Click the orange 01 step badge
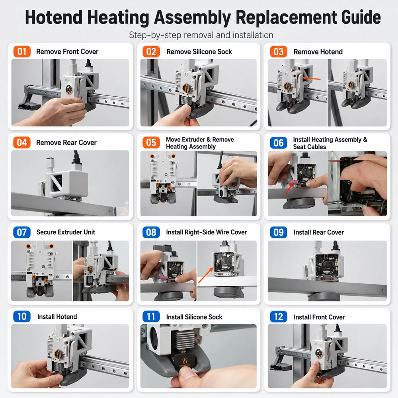pyautogui.click(x=22, y=51)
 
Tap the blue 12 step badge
pyautogui.click(x=279, y=317)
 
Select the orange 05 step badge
pyautogui.click(x=151, y=142)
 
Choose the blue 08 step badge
pyautogui.click(x=151, y=232)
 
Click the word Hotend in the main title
pyautogui.click(x=54, y=18)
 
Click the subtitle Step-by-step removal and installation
pyautogui.click(x=201, y=35)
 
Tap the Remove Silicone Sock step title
pyautogui.click(x=199, y=52)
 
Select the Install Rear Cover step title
pyautogui.click(x=318, y=232)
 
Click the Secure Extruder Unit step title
pyautogui.click(x=66, y=232)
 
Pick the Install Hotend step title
pyautogui.click(x=57, y=317)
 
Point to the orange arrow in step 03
pyautogui.click(x=312, y=78)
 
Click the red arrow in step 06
pyautogui.click(x=289, y=189)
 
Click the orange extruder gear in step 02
pyautogui.click(x=186, y=88)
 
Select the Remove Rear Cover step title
pyautogui.click(x=66, y=142)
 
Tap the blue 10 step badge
pyautogui.click(x=22, y=316)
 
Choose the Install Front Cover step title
pyautogui.click(x=319, y=317)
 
